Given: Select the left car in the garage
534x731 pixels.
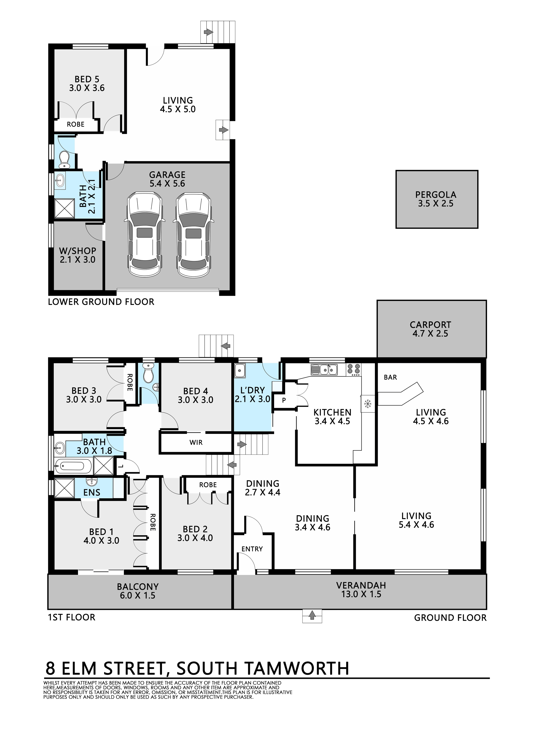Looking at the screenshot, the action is tap(144, 235).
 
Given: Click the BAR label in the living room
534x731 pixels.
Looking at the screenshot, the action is tap(390, 377).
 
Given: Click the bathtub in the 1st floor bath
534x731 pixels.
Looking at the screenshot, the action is tap(74, 466).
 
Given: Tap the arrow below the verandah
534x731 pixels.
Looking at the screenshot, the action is tap(312, 615).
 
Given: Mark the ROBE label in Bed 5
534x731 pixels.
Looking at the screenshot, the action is tap(76, 124).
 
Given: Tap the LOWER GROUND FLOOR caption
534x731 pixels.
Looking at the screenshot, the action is tap(101, 302).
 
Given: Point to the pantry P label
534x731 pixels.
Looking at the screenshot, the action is tap(284, 400).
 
